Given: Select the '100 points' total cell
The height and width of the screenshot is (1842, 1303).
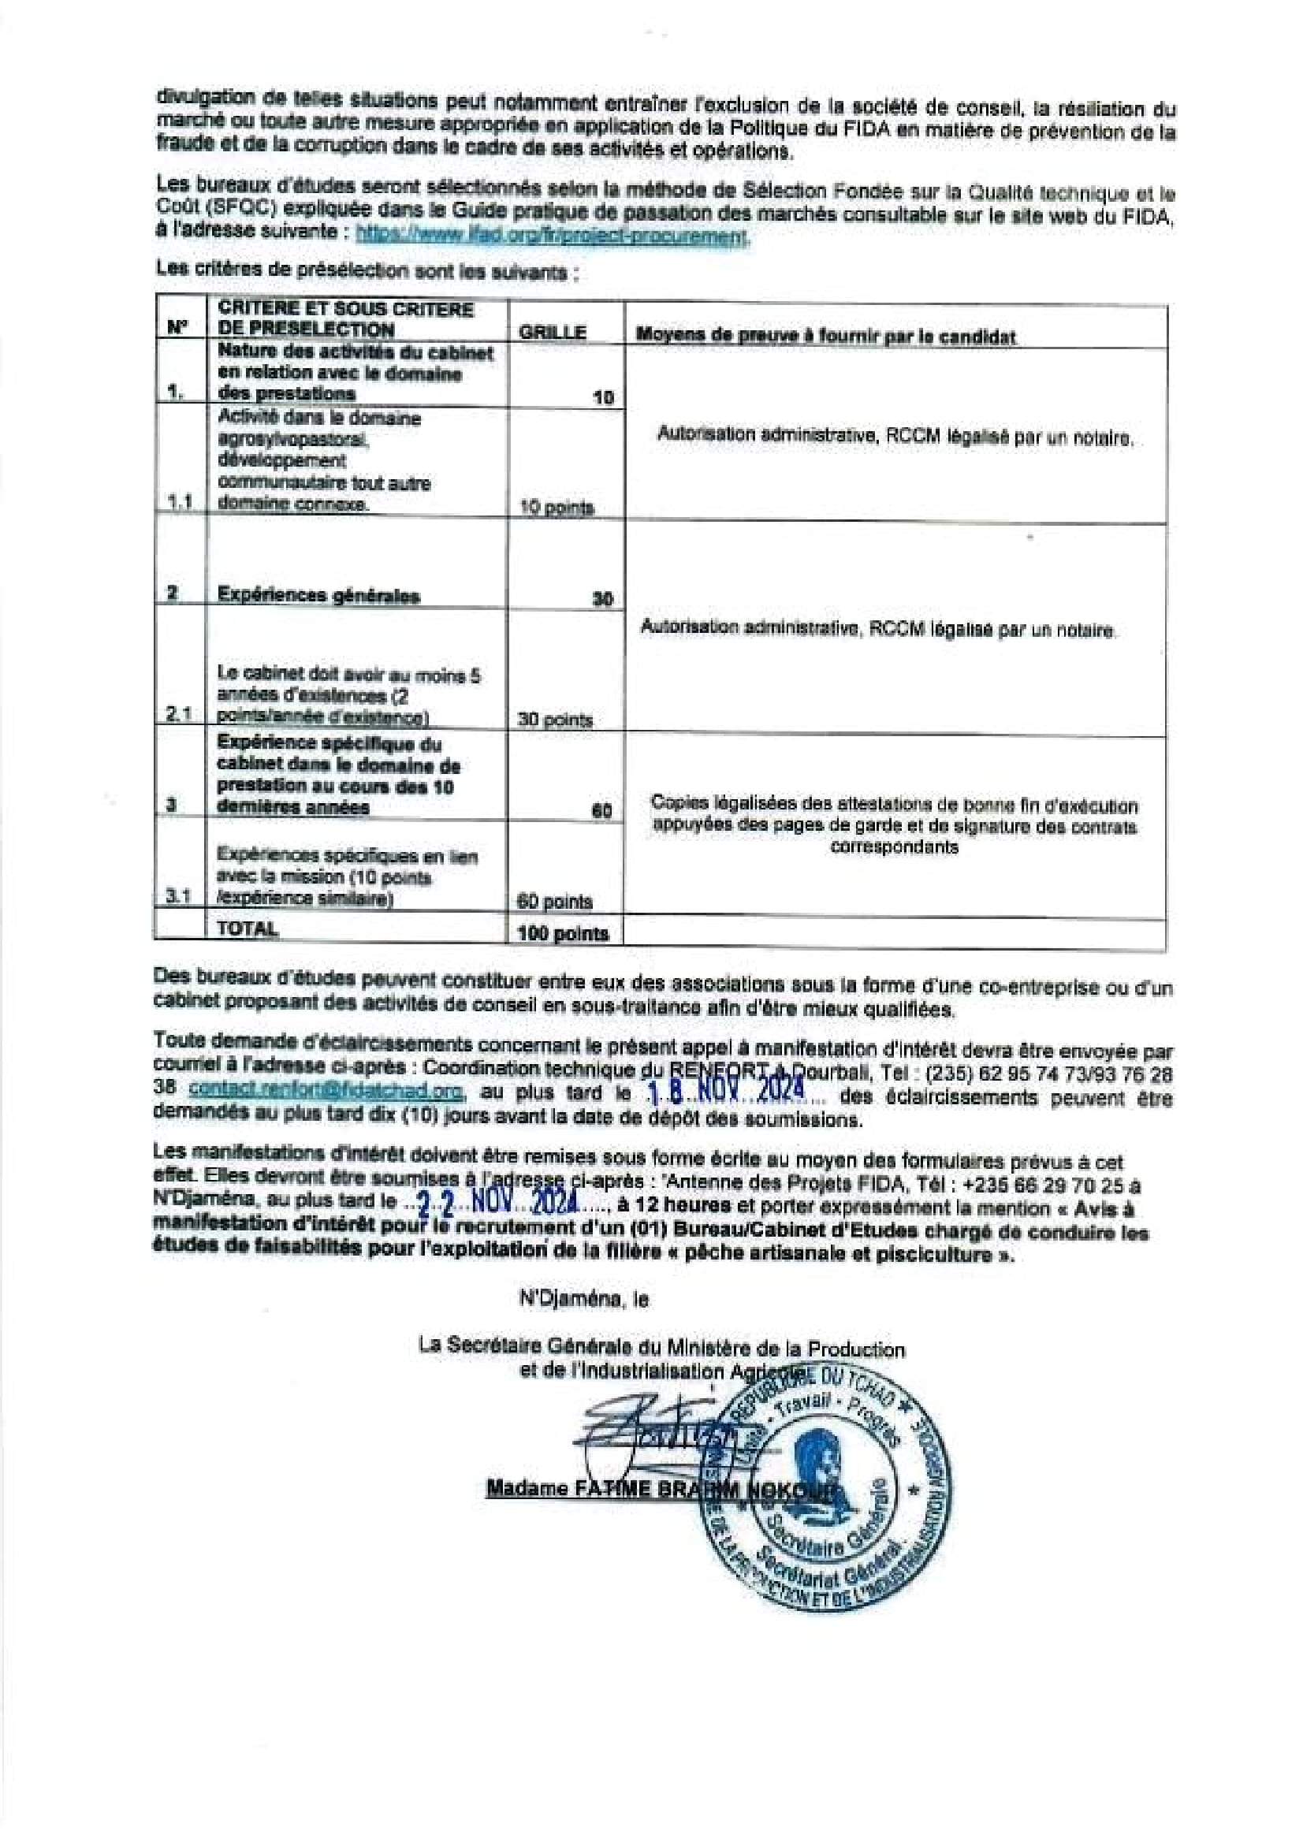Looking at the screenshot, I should tap(564, 933).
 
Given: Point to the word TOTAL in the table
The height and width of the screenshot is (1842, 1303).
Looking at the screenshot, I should tap(248, 929).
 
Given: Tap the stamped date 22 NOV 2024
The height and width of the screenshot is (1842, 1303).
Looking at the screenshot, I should tap(497, 1204).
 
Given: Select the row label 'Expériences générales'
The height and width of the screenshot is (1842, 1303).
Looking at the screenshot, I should tap(318, 595).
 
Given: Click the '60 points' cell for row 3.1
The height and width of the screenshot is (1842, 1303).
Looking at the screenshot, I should tap(555, 902).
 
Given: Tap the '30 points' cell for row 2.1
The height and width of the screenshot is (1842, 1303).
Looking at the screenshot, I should tap(555, 720).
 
